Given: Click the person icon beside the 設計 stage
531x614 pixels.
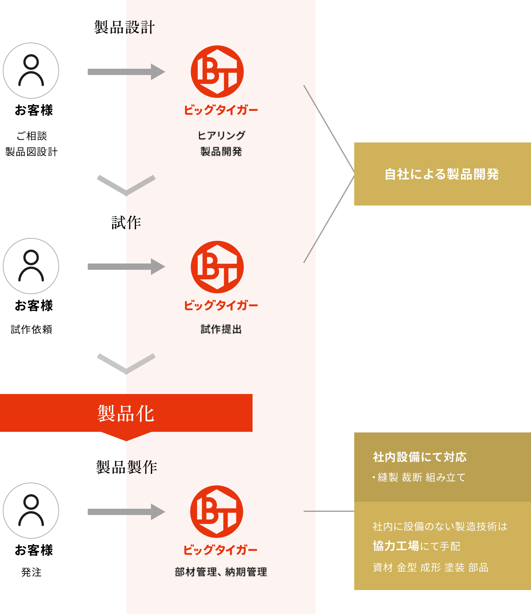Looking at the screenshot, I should tap(31, 71).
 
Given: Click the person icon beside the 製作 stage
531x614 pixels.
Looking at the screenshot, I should tap(31, 511).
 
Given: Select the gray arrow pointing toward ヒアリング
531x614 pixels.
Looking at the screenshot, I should tap(126, 72).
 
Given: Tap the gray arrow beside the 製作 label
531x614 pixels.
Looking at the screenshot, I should tap(126, 512).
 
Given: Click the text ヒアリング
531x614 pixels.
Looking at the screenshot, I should tap(221, 136).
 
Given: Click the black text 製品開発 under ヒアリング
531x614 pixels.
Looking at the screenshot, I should tap(221, 152).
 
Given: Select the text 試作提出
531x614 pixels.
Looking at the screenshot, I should tap(221, 329).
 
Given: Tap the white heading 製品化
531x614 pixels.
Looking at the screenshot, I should tap(126, 413).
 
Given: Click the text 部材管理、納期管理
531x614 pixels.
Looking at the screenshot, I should tap(221, 572).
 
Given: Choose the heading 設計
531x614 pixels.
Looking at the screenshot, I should tap(140, 27).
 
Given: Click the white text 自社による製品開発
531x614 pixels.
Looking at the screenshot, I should tap(442, 174).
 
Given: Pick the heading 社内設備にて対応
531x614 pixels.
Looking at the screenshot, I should tap(420, 457).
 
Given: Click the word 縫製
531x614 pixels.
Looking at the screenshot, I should tap(388, 478).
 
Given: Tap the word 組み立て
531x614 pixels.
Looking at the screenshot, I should tap(445, 478).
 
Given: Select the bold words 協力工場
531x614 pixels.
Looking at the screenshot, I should tap(396, 546).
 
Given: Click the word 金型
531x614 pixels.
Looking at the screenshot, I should tap(407, 568).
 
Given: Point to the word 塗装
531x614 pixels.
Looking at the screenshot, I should tap(454, 568).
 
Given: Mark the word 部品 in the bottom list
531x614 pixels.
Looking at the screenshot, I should tap(478, 568).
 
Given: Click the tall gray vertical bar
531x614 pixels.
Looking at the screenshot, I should tap(336, 174).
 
